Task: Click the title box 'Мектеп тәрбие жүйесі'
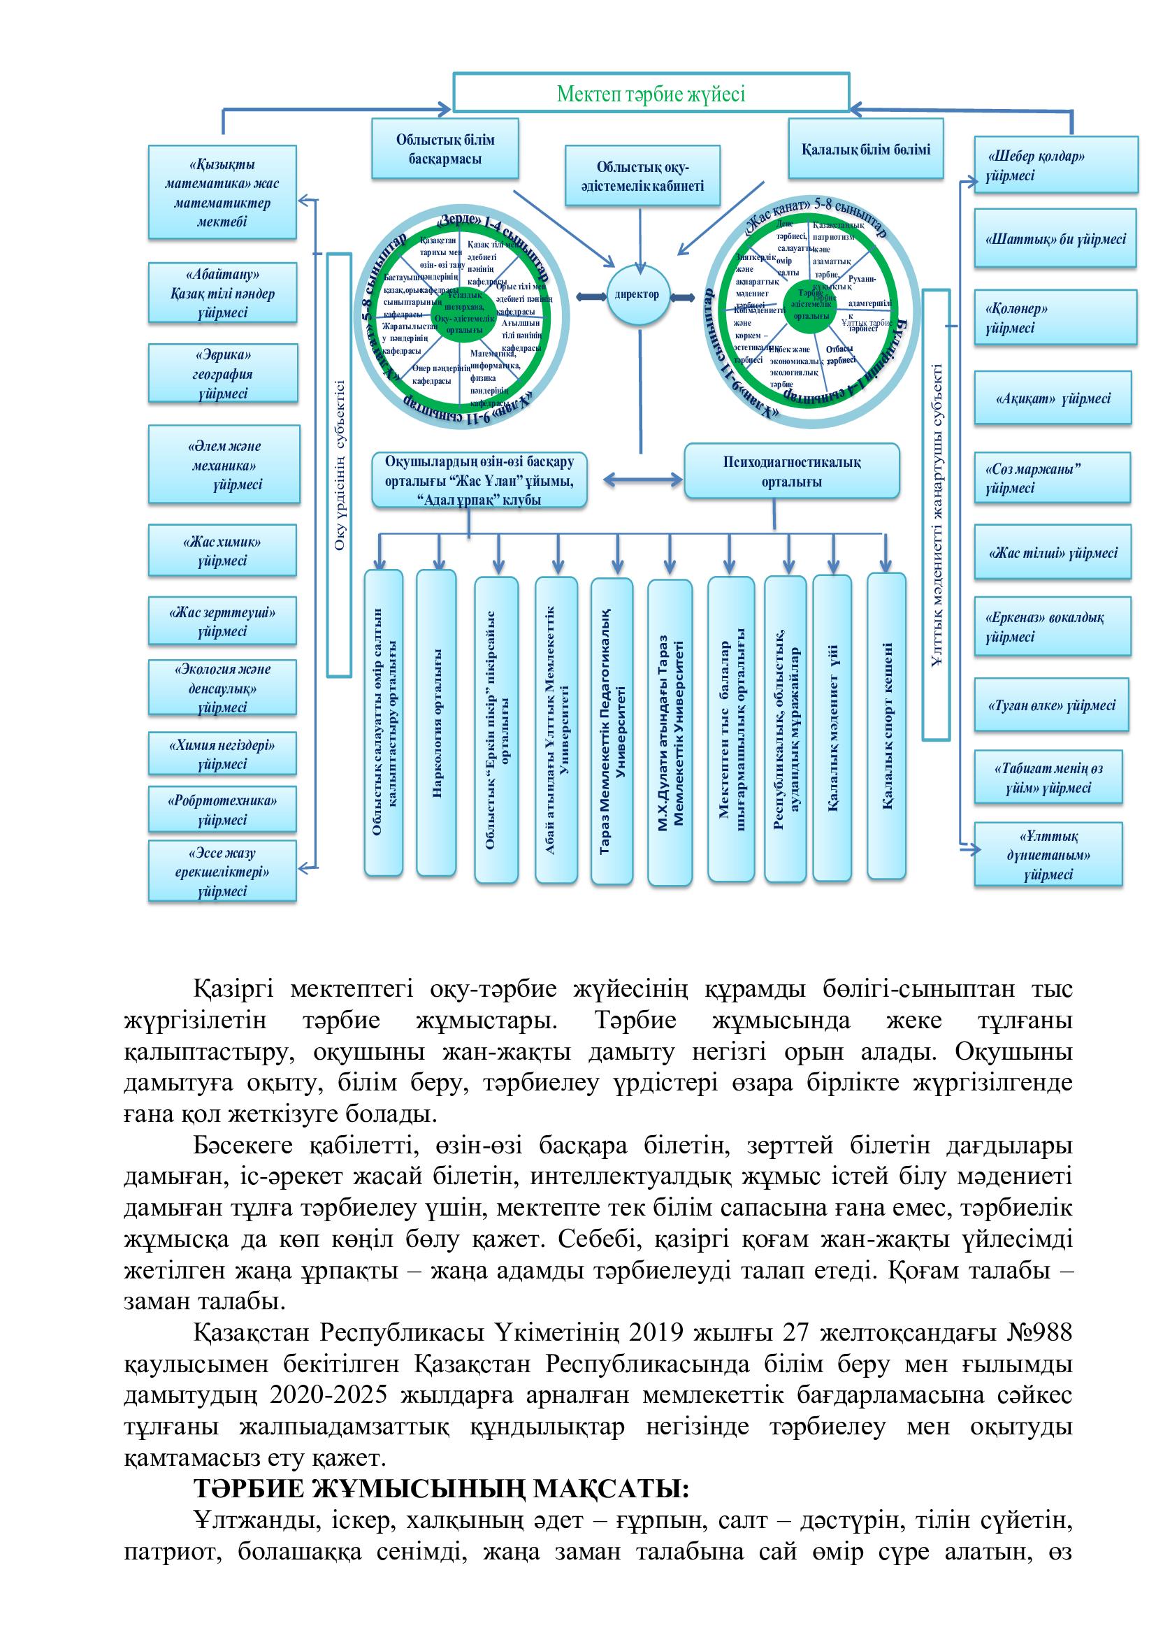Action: (x=651, y=93)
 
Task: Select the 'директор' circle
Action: (x=638, y=295)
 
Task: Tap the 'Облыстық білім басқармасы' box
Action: (x=445, y=149)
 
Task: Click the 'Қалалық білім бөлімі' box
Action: (x=865, y=150)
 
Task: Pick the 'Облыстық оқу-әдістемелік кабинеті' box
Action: (x=642, y=177)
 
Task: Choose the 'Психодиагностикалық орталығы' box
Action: (x=792, y=471)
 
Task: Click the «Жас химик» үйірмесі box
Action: (x=222, y=550)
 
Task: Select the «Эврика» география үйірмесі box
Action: (x=223, y=374)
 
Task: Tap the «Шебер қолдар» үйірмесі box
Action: (x=1055, y=165)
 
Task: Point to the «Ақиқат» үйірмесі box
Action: (x=1052, y=398)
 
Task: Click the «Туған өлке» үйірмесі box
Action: (x=1050, y=705)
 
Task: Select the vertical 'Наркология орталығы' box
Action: (x=435, y=723)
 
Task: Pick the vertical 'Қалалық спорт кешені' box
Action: (x=886, y=726)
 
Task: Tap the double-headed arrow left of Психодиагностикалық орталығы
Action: (x=642, y=480)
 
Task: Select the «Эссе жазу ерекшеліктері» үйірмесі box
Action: (x=222, y=872)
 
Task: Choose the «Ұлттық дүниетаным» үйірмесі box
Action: (x=1048, y=854)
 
